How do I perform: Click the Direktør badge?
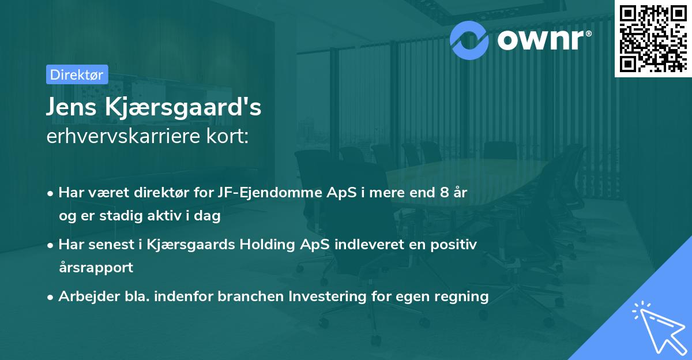(x=77, y=74)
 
